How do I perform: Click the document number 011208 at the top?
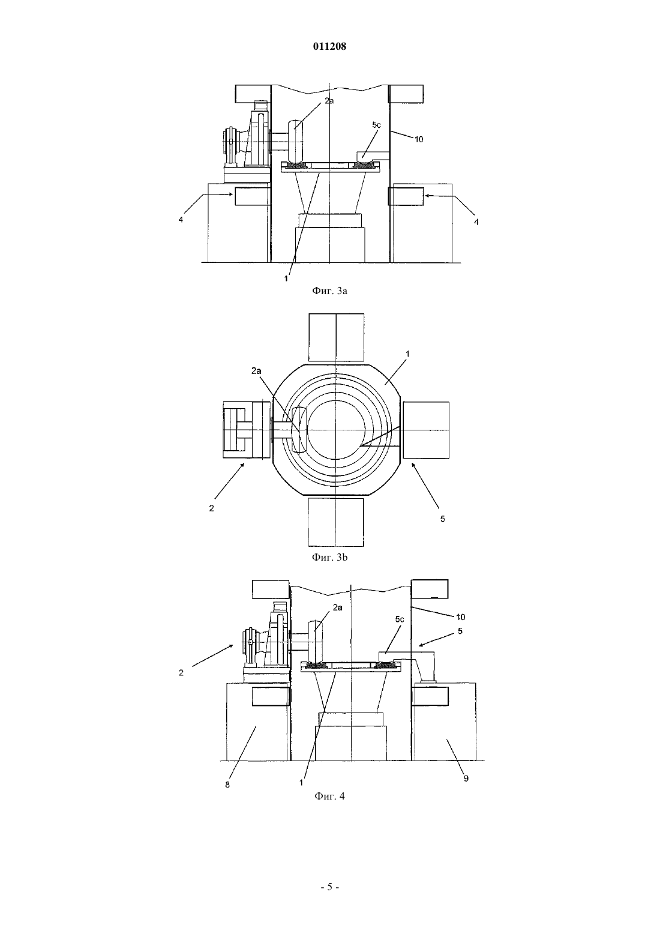point(329,47)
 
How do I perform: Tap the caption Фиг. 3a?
point(329,291)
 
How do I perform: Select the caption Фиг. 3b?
point(329,557)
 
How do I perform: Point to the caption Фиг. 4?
point(329,796)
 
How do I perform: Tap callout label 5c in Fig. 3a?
point(376,125)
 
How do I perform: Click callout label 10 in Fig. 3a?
point(419,139)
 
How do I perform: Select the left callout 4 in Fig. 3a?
point(181,219)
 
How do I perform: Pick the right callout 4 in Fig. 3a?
point(476,222)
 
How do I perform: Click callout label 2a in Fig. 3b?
point(256,370)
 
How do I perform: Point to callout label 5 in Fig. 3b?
point(443,519)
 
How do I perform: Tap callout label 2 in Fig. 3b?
point(212,508)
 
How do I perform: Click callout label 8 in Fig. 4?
point(227,785)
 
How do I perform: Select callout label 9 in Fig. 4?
point(466,779)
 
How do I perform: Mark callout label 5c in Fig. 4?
point(400,619)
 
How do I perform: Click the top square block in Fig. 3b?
point(336,337)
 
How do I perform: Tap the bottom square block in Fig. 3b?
point(336,522)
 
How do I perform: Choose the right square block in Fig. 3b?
point(426,430)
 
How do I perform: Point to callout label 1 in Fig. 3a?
point(286,279)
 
